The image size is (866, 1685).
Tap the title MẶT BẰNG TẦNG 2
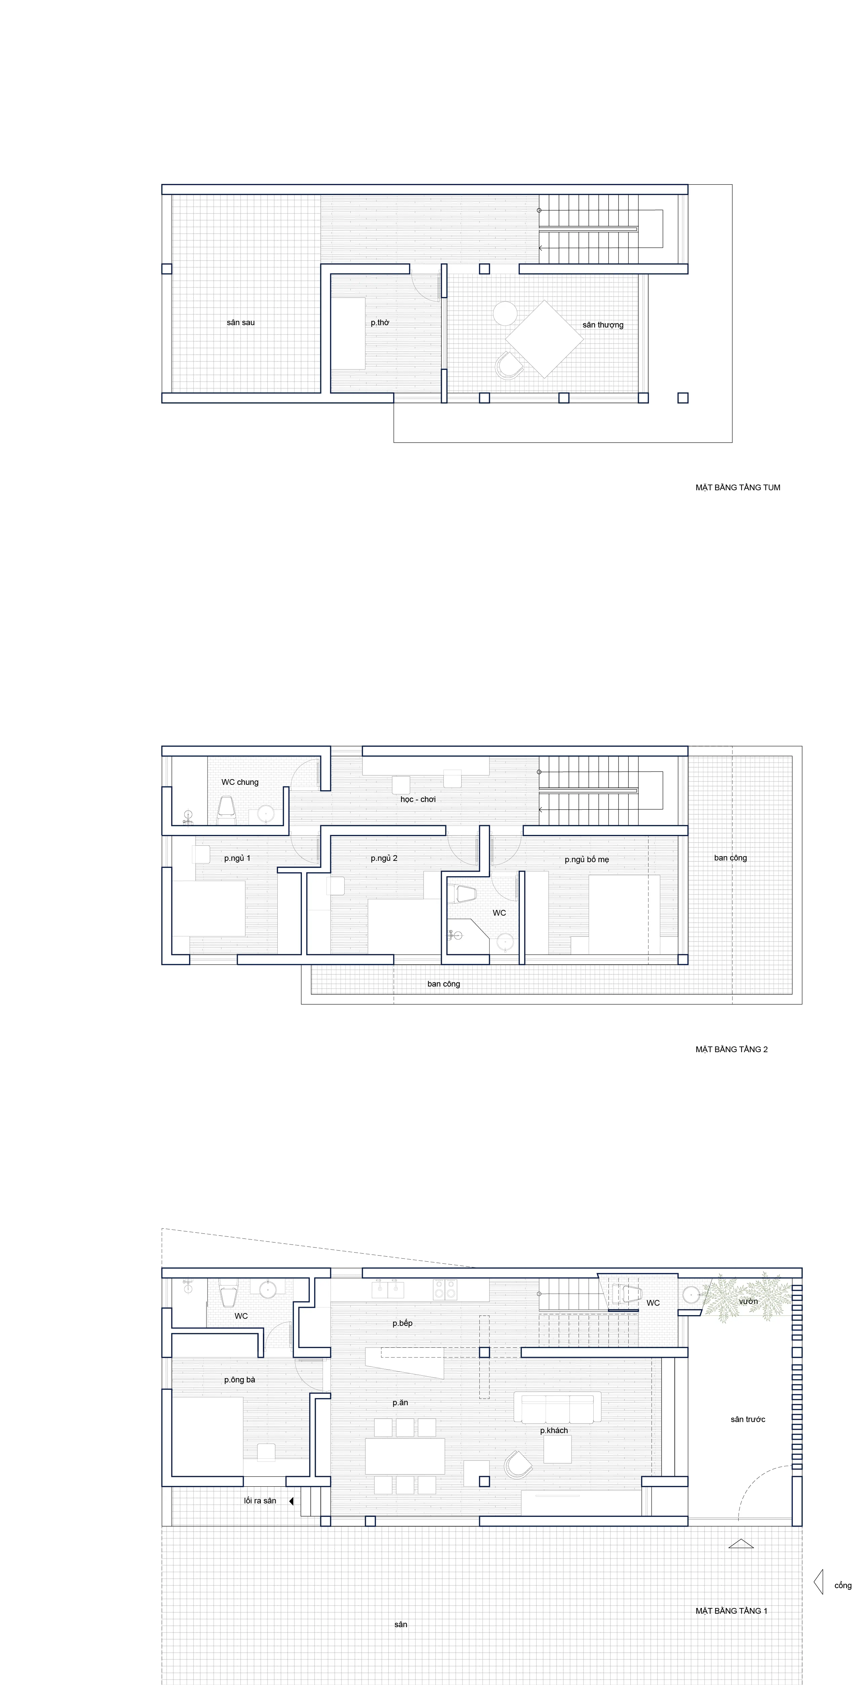pos(731,1049)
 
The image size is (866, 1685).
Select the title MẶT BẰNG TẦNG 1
pos(731,1610)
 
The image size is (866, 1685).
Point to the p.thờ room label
pos(380,322)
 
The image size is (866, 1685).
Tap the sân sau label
pos(241,322)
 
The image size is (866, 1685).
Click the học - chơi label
pos(418,799)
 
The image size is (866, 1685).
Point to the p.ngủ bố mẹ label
pos(587,859)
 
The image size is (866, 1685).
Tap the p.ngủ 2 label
pos(384,858)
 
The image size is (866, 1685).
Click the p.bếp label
pos(402,1323)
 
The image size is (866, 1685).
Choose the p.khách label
pos(554,1430)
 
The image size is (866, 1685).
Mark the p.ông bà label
pos(239,1380)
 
